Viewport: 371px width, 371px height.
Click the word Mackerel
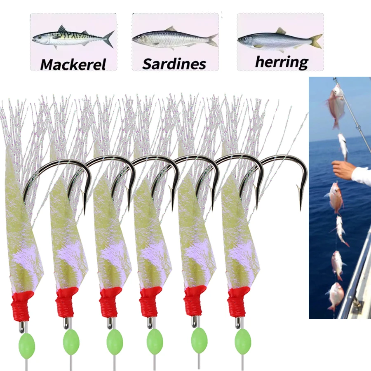pos(73,64)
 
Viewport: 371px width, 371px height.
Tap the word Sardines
pos(174,63)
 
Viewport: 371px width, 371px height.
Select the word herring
pos(282,62)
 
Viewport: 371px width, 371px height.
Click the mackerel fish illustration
pos(73,37)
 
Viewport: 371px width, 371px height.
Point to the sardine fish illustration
pos(175,38)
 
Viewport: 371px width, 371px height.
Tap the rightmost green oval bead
pos(243,342)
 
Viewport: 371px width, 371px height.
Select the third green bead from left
pos(115,341)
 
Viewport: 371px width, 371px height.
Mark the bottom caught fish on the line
pos(335,297)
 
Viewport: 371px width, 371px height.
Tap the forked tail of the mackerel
pos(109,39)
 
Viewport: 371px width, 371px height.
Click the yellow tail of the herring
pos(316,41)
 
